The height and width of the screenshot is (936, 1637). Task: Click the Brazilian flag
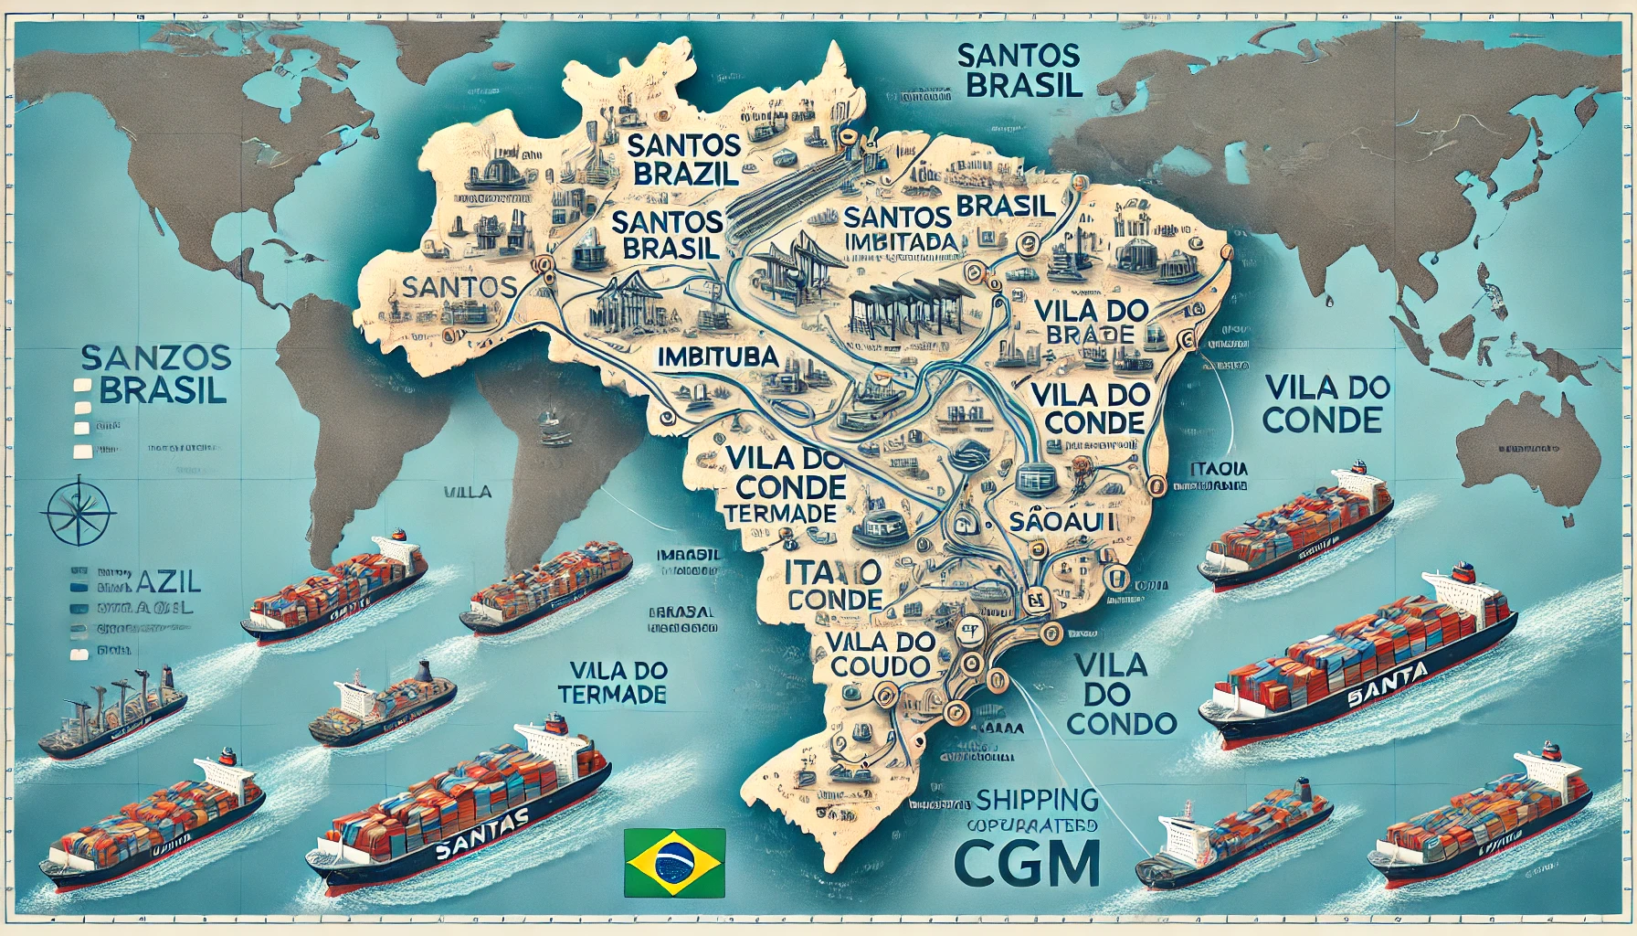coord(674,862)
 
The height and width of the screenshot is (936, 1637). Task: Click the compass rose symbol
coord(79,510)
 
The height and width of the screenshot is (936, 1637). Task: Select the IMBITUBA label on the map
coord(717,357)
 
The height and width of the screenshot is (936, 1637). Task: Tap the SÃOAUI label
coord(1065,522)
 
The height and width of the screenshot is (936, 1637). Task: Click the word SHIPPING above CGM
coord(1037,801)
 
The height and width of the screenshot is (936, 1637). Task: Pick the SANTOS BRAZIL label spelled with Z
coord(684,159)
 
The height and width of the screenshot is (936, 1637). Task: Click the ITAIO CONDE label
coord(833,585)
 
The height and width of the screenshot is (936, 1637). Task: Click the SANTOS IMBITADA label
coord(900,229)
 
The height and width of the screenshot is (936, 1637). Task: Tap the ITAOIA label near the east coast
coord(1220,469)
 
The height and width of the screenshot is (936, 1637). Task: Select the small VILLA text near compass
coord(468,492)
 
